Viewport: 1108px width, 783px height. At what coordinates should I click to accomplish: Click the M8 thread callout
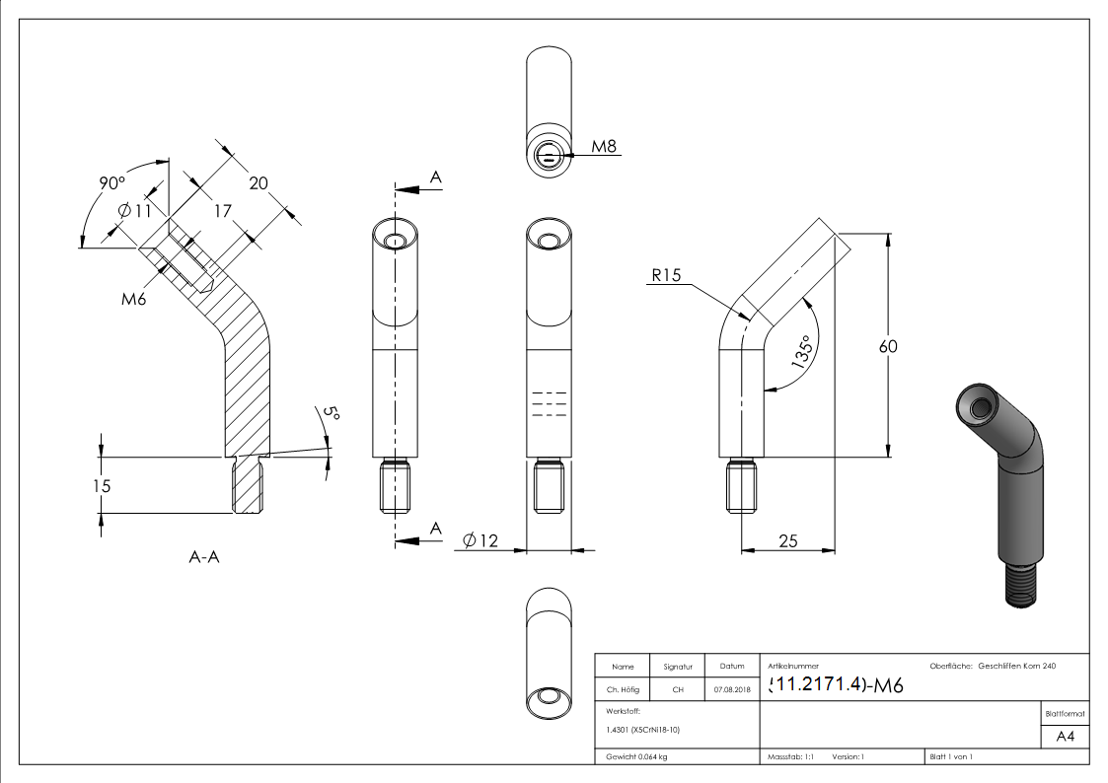604,147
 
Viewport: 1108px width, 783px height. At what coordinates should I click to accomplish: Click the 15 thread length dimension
101,485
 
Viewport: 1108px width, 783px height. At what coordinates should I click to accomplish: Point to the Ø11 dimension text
132,210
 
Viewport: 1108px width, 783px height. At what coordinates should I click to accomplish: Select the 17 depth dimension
222,209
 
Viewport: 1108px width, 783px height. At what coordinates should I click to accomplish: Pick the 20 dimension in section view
259,182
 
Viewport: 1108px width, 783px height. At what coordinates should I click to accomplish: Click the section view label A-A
204,557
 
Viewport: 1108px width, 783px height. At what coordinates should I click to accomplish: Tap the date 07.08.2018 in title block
731,690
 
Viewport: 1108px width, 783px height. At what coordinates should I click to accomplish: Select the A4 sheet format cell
1065,737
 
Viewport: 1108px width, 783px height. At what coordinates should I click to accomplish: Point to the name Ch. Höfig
624,690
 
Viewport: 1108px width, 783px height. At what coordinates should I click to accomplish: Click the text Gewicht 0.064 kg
637,757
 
